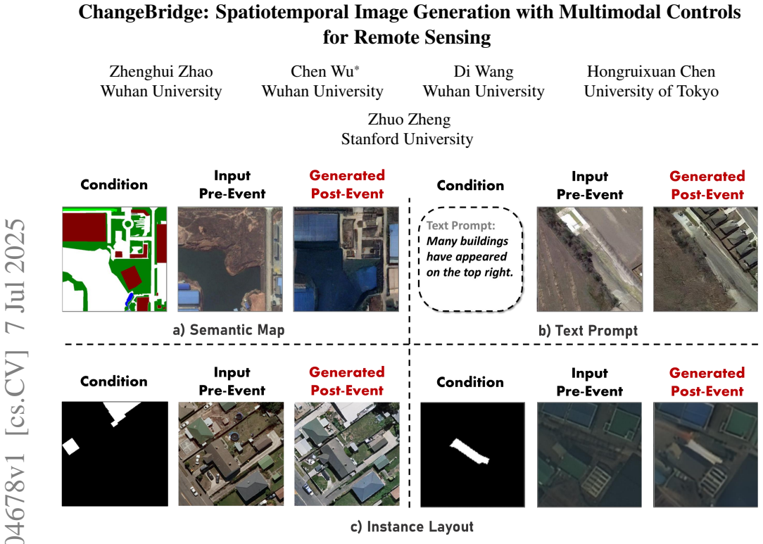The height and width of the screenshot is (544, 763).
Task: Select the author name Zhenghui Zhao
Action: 161,72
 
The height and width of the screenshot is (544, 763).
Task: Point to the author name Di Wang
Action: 483,72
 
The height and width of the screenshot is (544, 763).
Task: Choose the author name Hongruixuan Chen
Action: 651,72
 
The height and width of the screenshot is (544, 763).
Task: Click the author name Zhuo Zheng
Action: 409,120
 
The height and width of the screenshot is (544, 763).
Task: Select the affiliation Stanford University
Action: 407,139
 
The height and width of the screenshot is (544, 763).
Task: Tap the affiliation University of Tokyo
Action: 651,91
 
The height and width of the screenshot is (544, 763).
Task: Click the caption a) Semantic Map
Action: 229,330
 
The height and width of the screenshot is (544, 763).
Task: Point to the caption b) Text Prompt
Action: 588,331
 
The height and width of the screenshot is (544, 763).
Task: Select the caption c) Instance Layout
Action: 412,527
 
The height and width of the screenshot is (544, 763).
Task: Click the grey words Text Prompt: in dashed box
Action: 461,225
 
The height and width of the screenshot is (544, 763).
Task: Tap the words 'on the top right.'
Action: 469,272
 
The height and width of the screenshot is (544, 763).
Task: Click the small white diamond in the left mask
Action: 71,445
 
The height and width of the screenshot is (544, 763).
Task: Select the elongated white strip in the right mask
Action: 469,451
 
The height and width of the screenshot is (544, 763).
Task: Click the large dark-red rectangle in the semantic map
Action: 84,227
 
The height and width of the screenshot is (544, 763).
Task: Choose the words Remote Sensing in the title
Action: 422,37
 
